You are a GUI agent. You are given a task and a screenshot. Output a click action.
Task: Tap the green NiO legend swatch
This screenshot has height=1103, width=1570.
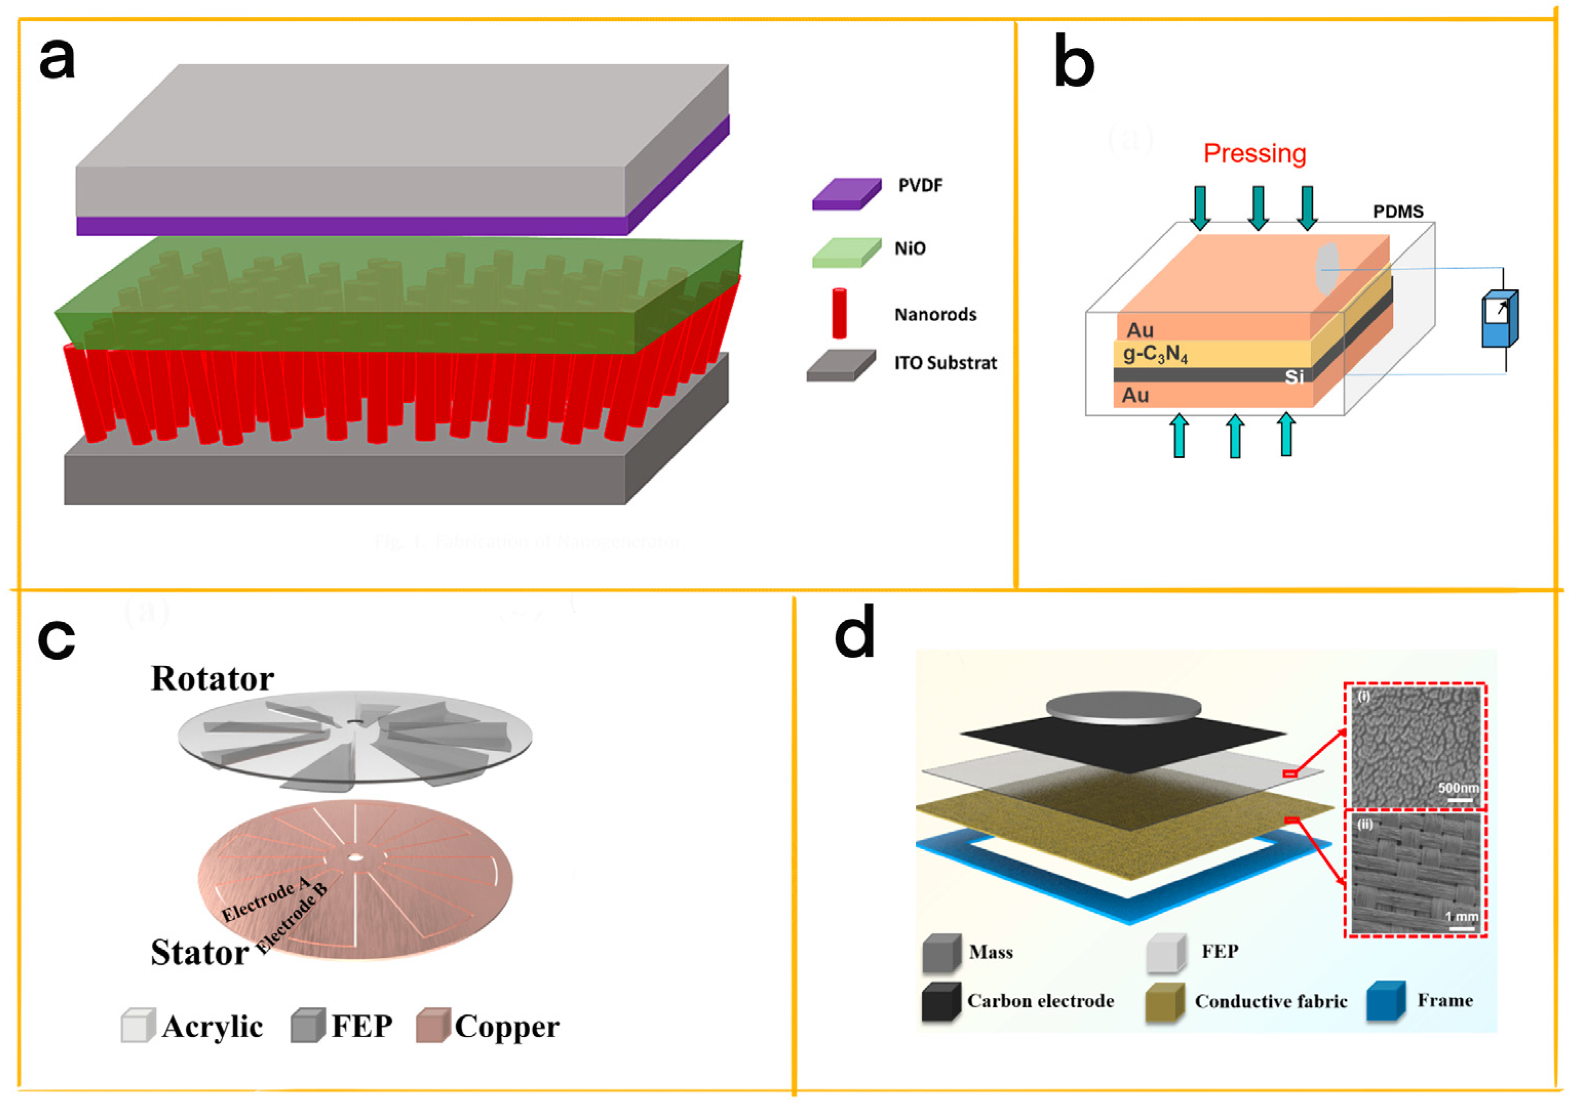[846, 252]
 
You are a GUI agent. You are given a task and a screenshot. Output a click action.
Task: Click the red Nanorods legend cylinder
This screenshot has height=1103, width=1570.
[839, 313]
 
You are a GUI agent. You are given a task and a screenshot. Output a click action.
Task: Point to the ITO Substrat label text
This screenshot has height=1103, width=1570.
[945, 363]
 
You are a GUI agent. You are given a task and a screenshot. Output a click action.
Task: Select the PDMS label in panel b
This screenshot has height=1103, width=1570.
[1398, 211]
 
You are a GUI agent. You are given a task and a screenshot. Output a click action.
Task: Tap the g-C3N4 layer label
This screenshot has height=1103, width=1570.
[1155, 354]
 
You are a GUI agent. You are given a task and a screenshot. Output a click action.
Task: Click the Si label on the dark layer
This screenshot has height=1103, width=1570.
[1294, 377]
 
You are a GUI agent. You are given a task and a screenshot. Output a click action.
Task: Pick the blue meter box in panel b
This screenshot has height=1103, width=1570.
[1500, 319]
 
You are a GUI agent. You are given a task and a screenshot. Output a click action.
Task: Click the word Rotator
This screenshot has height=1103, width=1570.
[212, 679]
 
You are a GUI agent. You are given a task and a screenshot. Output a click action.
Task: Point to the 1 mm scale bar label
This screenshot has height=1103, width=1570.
[1461, 916]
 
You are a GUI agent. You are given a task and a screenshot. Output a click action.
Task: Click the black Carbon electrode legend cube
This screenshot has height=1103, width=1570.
[940, 1002]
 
